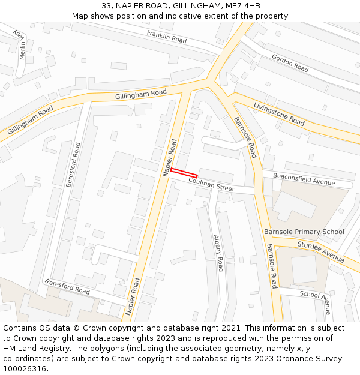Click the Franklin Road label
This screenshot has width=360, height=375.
pyautogui.click(x=167, y=36)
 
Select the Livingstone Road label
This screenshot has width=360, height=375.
pyautogui.click(x=279, y=113)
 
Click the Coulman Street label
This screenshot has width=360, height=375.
pyautogui.click(x=211, y=184)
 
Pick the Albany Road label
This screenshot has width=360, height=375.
pyautogui.click(x=218, y=253)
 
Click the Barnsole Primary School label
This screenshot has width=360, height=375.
pyautogui.click(x=304, y=232)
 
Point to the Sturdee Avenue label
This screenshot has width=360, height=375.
pyautogui.click(x=321, y=251)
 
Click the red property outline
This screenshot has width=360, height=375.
pyautogui.click(x=184, y=173)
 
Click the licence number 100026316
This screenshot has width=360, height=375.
pyautogui.click(x=26, y=368)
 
